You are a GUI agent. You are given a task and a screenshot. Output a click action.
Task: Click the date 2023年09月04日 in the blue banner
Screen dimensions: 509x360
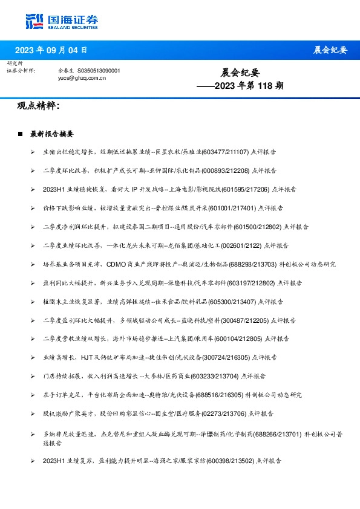51,50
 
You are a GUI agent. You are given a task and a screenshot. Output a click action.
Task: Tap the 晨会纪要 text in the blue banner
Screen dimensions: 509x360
330,50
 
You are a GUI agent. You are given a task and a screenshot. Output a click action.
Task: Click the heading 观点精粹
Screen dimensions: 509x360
38,106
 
